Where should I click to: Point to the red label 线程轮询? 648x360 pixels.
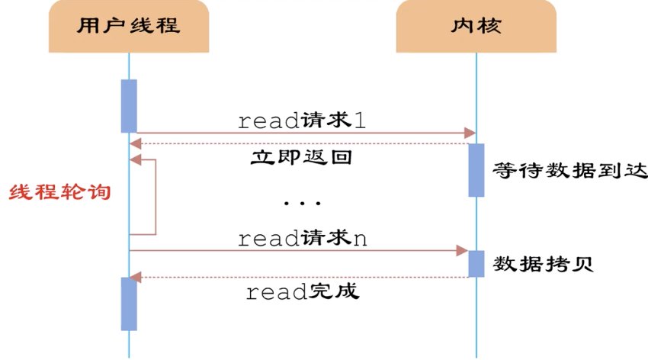click(60, 191)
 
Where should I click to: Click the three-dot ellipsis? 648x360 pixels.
click(302, 204)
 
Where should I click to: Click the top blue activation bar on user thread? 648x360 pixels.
click(129, 106)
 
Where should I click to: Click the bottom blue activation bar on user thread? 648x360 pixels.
click(129, 304)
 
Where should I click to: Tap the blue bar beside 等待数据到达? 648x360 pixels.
click(476, 170)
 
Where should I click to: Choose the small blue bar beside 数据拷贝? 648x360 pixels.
click(476, 264)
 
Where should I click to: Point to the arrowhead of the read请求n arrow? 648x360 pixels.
click(462, 250)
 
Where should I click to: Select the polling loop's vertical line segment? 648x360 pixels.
click(156, 197)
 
